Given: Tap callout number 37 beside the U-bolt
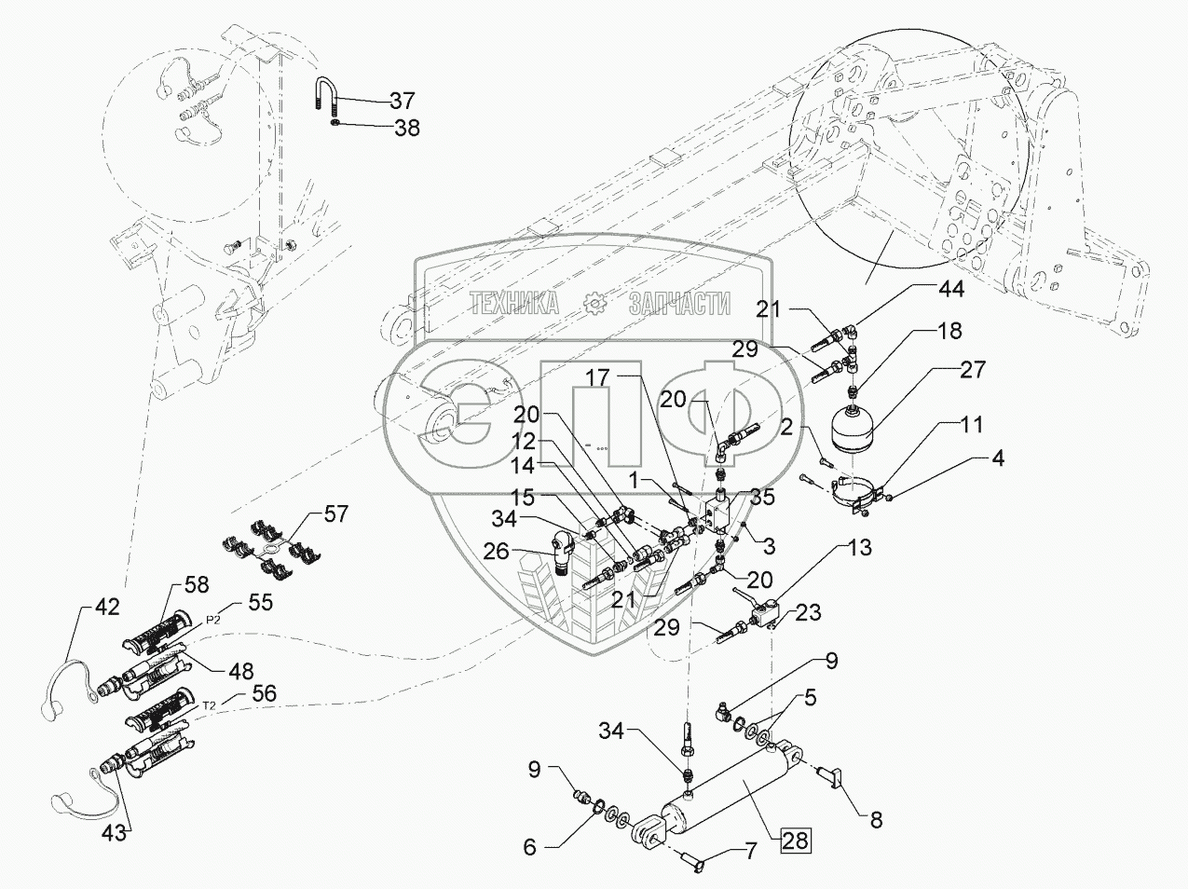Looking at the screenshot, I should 402,100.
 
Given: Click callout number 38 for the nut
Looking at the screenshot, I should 406,130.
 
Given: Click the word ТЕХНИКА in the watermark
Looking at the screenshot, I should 513,303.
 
